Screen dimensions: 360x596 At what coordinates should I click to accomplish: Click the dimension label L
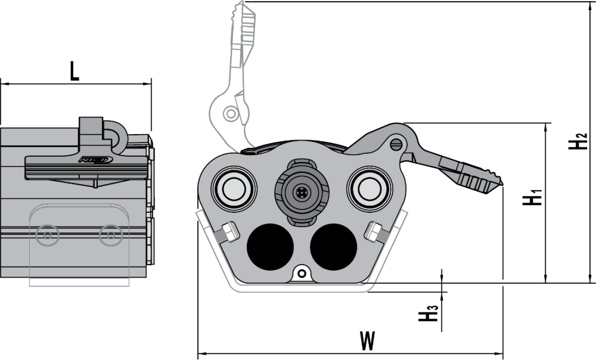pos(74,70)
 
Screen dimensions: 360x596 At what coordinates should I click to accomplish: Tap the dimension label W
pos(368,342)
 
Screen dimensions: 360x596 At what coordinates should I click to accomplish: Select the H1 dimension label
pos(532,197)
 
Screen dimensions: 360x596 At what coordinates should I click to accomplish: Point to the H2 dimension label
pos(577,141)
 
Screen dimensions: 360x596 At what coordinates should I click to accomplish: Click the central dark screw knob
pos(302,192)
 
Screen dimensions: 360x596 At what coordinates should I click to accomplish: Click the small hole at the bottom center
pos(302,273)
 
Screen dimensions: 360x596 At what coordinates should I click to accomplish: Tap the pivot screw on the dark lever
pos(396,144)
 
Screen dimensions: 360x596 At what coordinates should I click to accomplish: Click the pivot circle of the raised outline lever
pos(229,113)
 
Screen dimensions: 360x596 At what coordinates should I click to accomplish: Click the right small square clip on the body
pos(375,231)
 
